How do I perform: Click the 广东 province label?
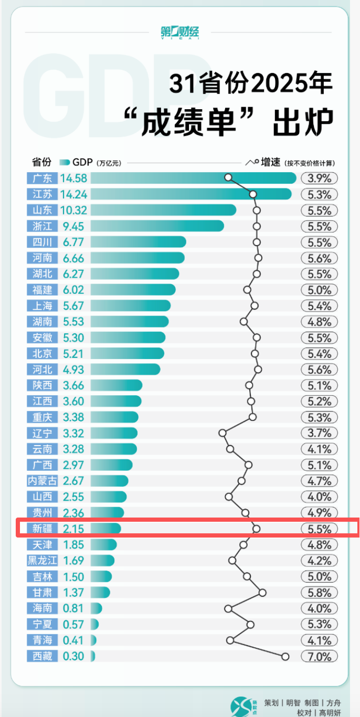coord(42,178)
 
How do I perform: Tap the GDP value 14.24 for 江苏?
coord(73,194)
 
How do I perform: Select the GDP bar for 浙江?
coord(157,226)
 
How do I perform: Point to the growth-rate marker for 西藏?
coord(285,656)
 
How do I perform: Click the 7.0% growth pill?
coord(320,657)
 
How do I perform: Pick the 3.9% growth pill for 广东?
coord(320,178)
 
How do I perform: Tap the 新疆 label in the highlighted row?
coord(42,529)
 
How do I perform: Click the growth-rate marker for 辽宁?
coord(223,433)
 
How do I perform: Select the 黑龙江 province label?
coord(42,561)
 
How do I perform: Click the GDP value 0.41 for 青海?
coord(73,640)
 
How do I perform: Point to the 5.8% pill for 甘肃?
coord(320,593)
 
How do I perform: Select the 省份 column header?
coord(41,162)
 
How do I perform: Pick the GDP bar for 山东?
coord(163,210)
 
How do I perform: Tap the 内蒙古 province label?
coord(42,481)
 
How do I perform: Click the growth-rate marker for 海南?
coord(228,608)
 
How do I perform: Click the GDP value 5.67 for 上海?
coord(73,305)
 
